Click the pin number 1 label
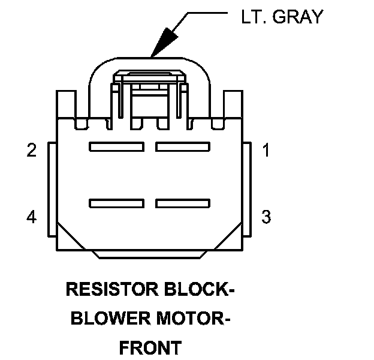coord(266,151)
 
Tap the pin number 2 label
coord(32,151)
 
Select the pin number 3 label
coord(266,217)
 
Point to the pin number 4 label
coord(32,217)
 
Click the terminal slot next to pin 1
coord(183,146)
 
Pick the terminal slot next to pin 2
coord(116,146)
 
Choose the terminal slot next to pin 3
coord(183,204)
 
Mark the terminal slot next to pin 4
coord(116,204)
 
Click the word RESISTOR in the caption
coord(111,290)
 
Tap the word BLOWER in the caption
coord(107,319)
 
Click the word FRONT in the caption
coord(150,347)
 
